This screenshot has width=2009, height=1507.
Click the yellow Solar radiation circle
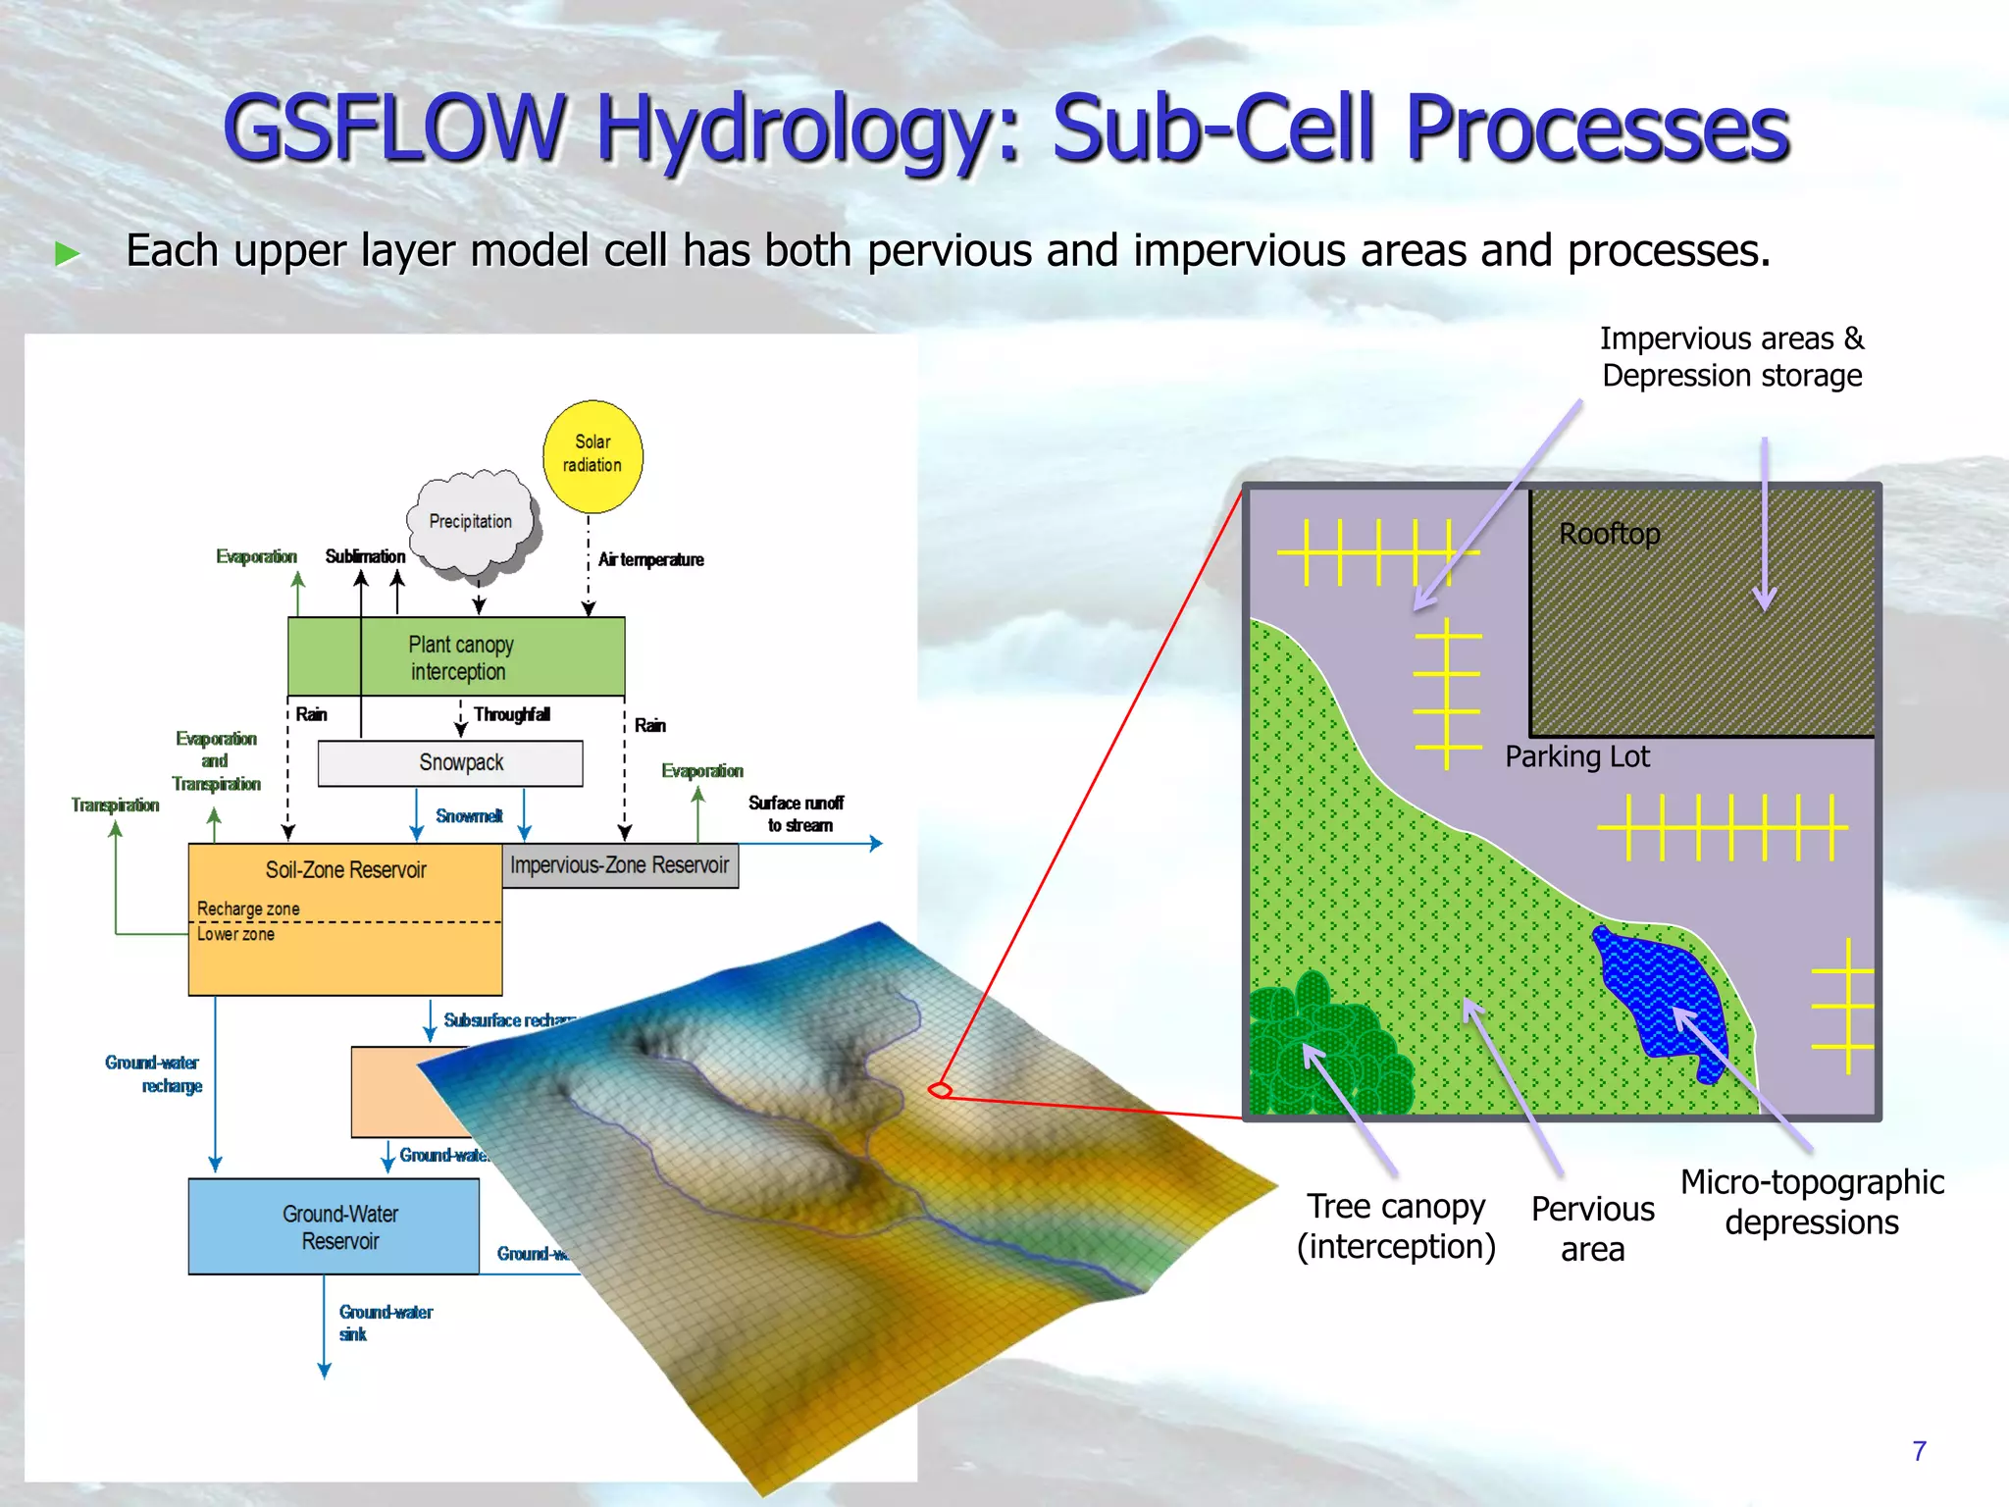coord(592,455)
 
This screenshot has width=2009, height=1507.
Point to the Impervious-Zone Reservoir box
coord(620,865)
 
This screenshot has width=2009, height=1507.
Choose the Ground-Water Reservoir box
coord(335,1226)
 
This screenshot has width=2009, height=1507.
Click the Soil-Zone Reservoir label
coord(345,869)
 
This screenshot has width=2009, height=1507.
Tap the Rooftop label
coord(1609,534)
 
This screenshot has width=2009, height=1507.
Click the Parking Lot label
coord(1577,756)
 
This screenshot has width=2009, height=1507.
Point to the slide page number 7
coord(1919,1450)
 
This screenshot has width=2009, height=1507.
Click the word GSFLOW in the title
coord(392,128)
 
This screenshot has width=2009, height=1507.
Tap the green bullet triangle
coord(67,254)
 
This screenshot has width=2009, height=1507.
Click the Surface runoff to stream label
coord(797,813)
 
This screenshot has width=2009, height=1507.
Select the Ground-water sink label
coord(385,1322)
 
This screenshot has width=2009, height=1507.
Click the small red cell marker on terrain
coord(940,1089)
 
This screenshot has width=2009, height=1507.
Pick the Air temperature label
coord(651,559)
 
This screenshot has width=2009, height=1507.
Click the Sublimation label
coord(365,556)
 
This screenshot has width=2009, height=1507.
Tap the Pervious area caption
coord(1592,1228)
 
